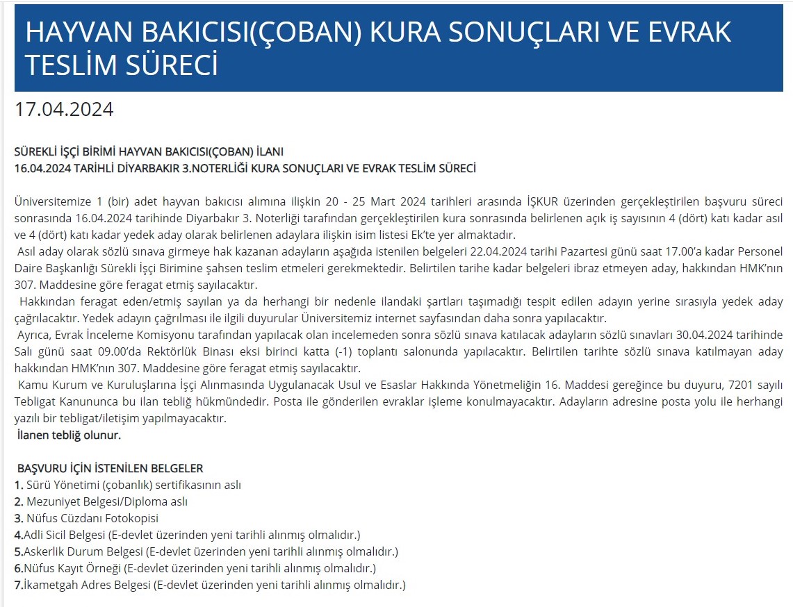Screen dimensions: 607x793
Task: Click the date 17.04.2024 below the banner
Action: tap(64, 110)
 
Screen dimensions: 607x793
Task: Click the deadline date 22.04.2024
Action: tap(505, 251)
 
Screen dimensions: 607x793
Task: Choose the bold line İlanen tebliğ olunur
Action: tap(69, 435)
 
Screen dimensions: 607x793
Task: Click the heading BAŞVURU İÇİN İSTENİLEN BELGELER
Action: tap(110, 468)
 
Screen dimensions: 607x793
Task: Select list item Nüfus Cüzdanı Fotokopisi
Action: tap(92, 518)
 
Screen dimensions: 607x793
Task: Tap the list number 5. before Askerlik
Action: tap(19, 551)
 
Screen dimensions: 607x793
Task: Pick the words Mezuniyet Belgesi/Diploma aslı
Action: tap(107, 501)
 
